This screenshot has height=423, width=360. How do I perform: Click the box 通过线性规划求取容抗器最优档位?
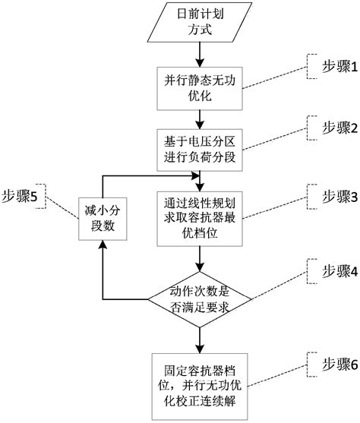[199, 218]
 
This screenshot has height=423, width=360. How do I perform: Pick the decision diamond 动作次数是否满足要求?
[199, 298]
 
